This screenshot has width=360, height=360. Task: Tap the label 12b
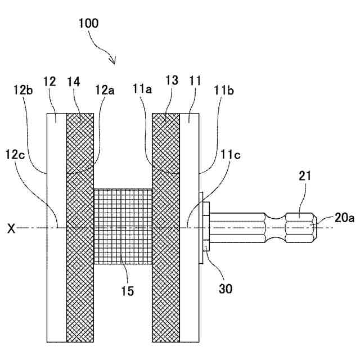(22, 89)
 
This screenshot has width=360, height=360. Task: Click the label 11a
(142, 89)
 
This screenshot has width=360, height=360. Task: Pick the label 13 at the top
(172, 82)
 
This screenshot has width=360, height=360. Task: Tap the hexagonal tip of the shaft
(301, 228)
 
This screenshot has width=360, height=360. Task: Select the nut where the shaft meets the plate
(206, 228)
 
